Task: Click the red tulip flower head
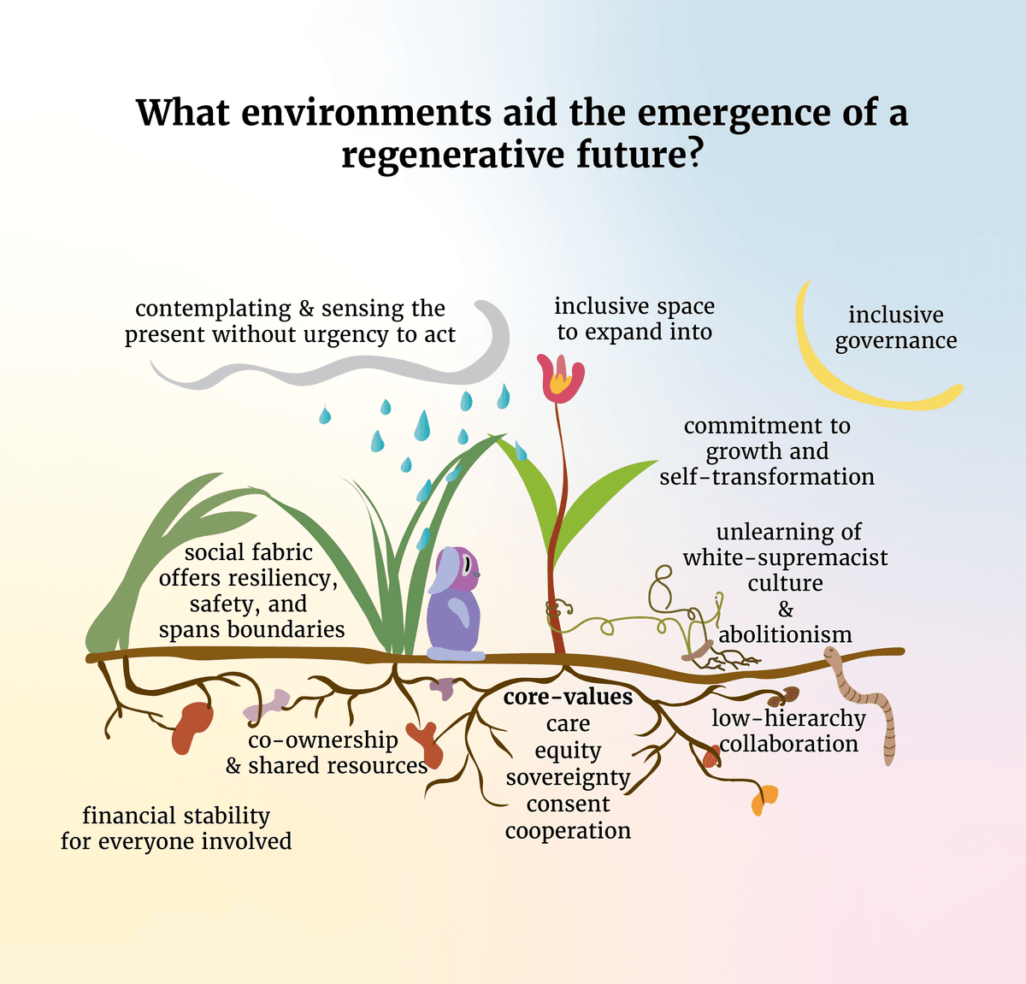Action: pyautogui.click(x=559, y=379)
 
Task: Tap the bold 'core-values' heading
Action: pyautogui.click(x=568, y=697)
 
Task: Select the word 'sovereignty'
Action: pyautogui.click(x=568, y=777)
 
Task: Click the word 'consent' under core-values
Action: pyautogui.click(x=568, y=804)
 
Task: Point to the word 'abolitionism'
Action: pyautogui.click(x=785, y=634)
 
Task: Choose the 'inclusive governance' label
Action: pyautogui.click(x=895, y=327)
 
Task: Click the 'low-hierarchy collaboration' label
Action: pyautogui.click(x=788, y=731)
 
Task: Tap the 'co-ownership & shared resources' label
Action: pyautogui.click(x=326, y=752)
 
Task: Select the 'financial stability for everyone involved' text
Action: pyautogui.click(x=176, y=828)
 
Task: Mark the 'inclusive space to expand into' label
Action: pyautogui.click(x=634, y=319)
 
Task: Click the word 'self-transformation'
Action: pyautogui.click(x=767, y=476)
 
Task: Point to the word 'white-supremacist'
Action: pyautogui.click(x=785, y=557)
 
